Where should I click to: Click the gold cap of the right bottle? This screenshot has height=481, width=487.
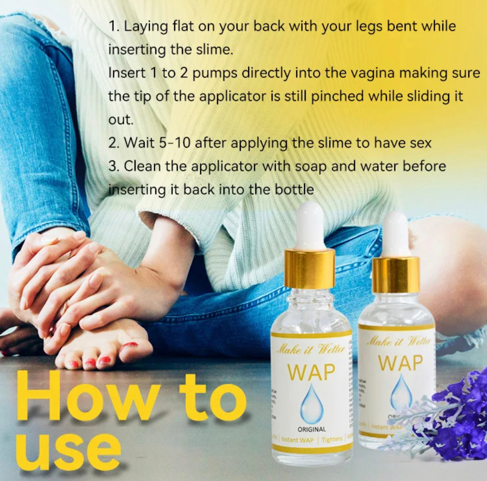[395, 275]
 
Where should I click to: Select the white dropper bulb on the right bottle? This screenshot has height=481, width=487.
[396, 233]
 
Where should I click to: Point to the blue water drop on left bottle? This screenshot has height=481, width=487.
[311, 403]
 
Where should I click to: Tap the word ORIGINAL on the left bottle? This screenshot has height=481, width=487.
[311, 429]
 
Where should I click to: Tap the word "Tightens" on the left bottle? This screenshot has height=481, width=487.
[332, 439]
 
